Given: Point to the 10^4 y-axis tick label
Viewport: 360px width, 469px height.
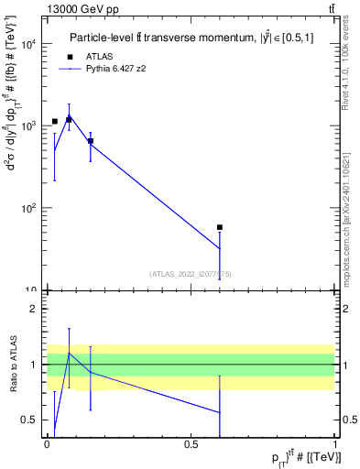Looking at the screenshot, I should click(29, 44).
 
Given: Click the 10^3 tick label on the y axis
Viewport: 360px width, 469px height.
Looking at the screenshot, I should click(29, 126).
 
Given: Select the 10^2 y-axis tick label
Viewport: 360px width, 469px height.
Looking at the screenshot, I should click(29, 209).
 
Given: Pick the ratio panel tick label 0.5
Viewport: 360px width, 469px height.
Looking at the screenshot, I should click(31, 420).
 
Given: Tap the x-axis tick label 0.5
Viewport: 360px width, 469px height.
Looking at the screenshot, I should click(191, 444).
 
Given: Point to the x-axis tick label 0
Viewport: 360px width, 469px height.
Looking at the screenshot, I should click(47, 444).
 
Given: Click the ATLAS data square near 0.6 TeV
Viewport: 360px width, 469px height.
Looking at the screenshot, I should click(220, 227).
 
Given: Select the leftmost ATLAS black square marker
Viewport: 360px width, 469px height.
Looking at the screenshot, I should click(55, 121).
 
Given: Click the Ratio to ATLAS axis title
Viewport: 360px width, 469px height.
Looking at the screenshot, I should click(13, 365).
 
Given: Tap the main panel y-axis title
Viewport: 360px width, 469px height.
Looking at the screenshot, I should click(14, 156).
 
